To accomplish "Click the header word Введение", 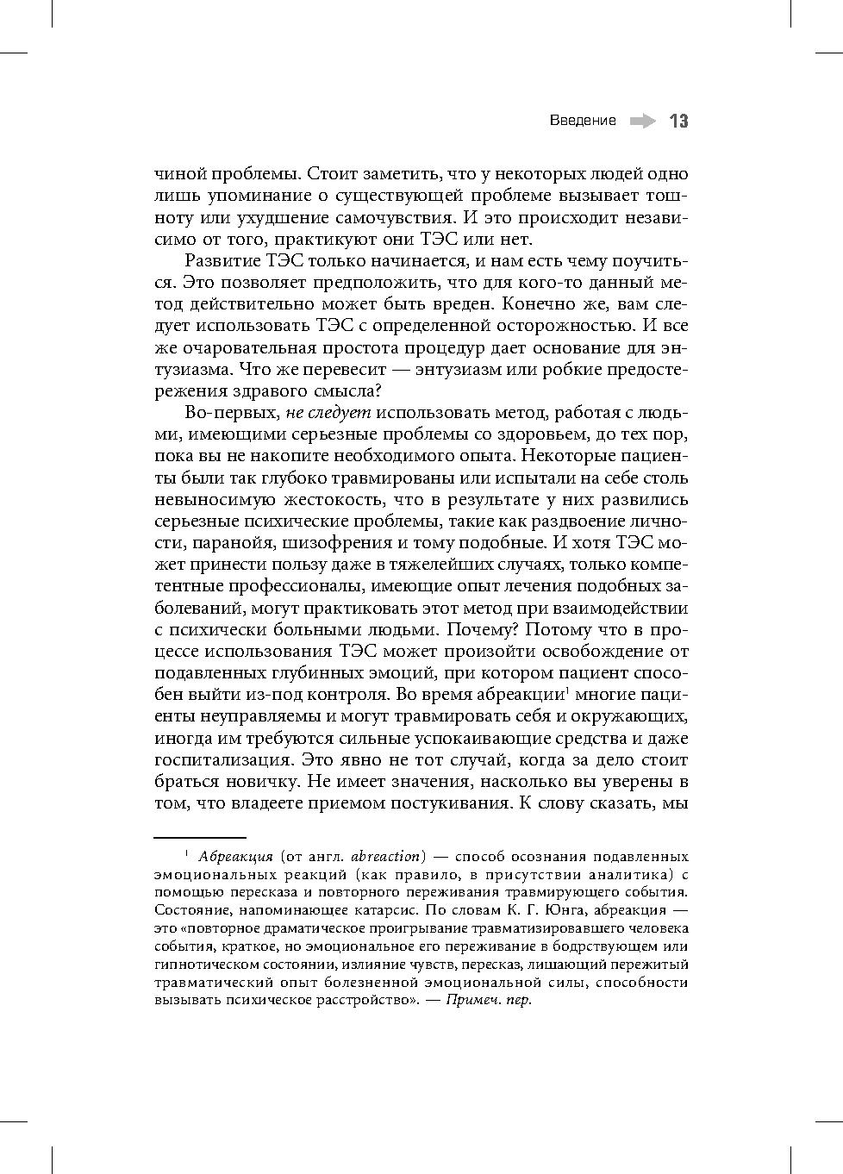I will tap(583, 121).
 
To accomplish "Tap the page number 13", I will tap(678, 122).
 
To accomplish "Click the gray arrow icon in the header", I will tap(641, 122).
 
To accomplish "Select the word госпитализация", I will tap(219, 760).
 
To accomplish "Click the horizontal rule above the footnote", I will tap(200, 836).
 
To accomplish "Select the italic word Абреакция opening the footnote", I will tap(234, 857).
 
